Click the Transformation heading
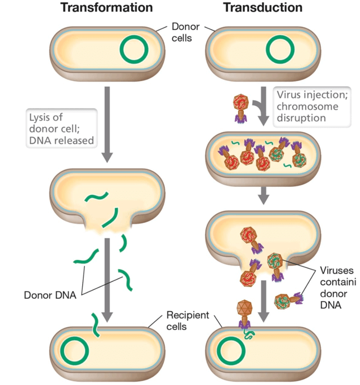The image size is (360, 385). [x=106, y=8]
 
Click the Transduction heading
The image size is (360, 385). [x=263, y=8]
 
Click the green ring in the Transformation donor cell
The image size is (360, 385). [x=134, y=49]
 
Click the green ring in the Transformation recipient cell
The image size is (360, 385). [x=74, y=351]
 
